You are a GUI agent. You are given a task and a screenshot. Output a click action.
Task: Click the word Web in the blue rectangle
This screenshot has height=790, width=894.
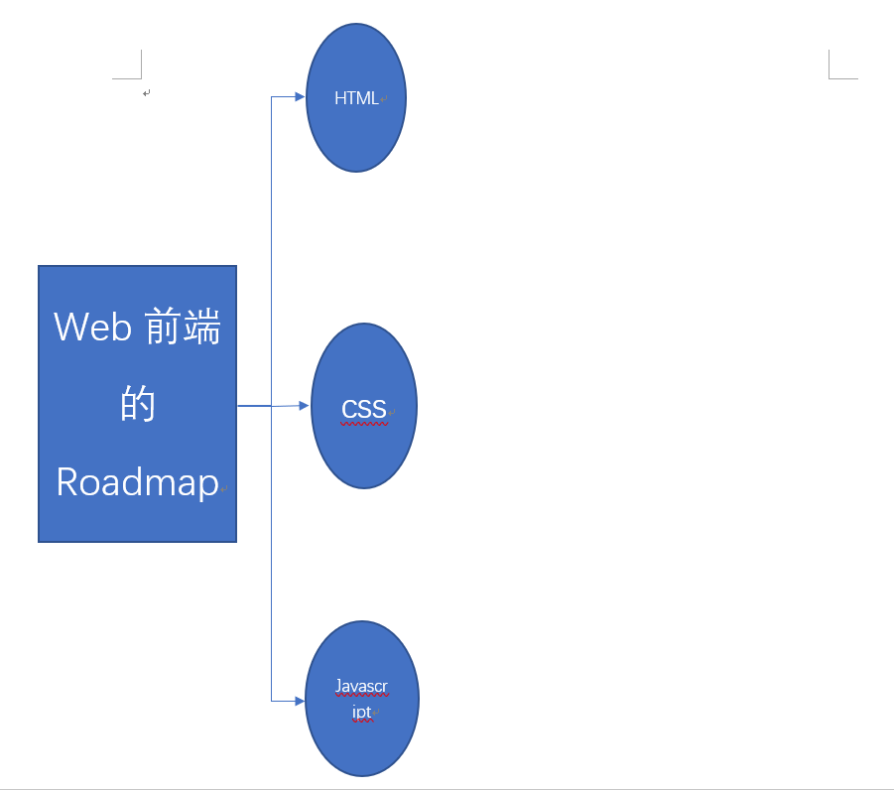tap(93, 327)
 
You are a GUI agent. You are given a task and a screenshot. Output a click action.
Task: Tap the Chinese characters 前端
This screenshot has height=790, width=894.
tap(183, 327)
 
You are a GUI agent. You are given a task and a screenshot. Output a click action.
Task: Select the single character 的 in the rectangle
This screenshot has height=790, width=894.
tap(139, 404)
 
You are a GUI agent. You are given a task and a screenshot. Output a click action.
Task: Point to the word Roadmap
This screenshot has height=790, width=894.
tap(137, 482)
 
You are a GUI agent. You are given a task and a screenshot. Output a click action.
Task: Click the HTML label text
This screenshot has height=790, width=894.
tap(355, 98)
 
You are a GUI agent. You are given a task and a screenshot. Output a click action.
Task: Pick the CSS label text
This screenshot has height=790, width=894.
tap(363, 409)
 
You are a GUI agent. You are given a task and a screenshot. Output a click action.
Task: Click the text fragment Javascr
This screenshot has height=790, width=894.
tap(361, 687)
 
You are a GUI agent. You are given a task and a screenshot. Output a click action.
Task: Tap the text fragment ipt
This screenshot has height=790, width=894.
tap(361, 712)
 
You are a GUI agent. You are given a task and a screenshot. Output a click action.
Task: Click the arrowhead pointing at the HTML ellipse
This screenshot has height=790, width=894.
tap(301, 97)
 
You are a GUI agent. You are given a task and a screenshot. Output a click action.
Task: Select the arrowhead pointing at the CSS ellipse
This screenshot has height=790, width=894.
tap(306, 405)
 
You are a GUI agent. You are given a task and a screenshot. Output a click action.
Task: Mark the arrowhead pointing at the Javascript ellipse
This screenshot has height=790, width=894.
tap(300, 701)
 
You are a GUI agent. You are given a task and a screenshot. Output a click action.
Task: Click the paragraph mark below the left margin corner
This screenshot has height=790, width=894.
tap(146, 93)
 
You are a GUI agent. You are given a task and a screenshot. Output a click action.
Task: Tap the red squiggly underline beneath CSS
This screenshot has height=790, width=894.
tap(363, 424)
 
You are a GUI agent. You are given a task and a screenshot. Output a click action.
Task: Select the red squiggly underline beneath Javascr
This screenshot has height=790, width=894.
tap(361, 697)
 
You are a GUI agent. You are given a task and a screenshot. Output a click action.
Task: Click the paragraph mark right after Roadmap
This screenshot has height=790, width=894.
tap(225, 488)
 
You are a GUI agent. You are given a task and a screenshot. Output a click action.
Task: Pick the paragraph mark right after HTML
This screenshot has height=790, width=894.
tap(383, 99)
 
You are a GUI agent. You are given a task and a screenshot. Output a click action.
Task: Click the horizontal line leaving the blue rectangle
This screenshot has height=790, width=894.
tap(254, 406)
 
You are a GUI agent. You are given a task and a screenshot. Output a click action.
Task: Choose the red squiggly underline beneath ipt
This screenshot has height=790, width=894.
tap(361, 722)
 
